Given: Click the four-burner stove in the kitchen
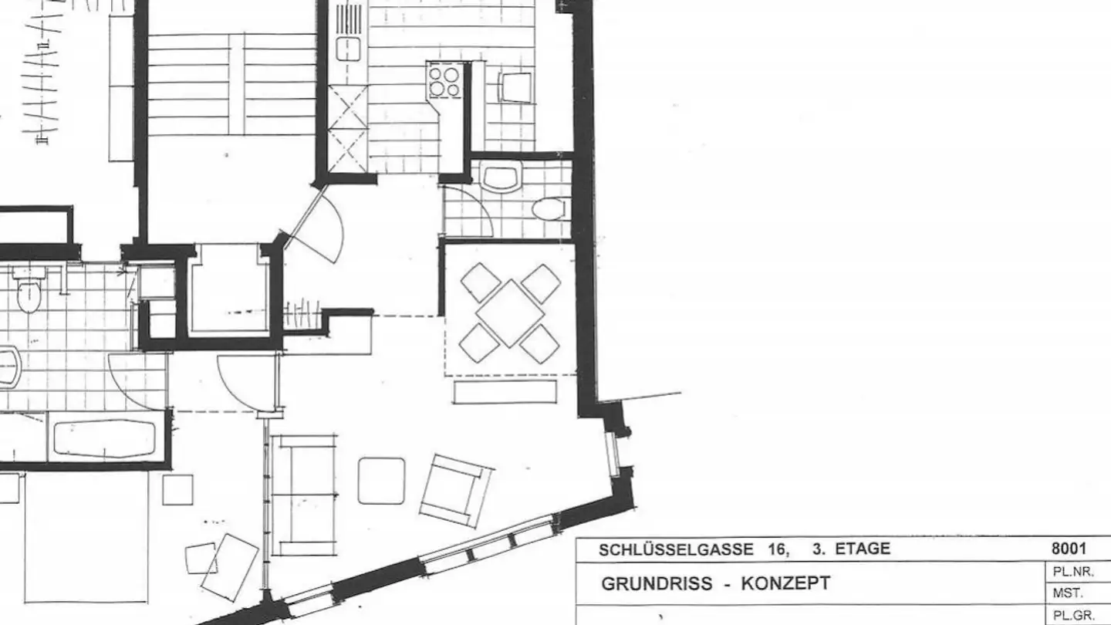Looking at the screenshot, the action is tap(444, 80).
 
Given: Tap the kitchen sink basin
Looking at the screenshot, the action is tap(349, 49).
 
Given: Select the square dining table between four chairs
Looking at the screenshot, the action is tap(510, 313).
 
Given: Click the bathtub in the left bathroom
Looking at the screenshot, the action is tap(105, 439).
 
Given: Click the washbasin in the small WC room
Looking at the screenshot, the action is tap(501, 177).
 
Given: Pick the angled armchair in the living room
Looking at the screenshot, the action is tap(456, 491).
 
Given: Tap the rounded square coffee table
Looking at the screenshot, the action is tap(381, 481).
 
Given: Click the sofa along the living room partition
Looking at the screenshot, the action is tap(304, 495).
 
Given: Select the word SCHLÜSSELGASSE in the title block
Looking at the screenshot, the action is tap(676, 549).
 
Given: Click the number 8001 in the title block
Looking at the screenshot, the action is tap(1069, 548).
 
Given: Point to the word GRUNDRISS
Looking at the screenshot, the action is tap(657, 583).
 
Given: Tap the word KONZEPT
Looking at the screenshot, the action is tap(785, 583).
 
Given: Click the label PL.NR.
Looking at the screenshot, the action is tap(1074, 572).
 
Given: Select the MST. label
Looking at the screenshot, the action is tap(1068, 593).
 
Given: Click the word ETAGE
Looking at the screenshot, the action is tap(863, 549).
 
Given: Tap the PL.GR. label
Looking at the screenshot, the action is tap(1074, 616).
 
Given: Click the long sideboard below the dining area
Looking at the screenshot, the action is tap(505, 391).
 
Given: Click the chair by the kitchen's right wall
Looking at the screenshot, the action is tap(517, 87).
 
